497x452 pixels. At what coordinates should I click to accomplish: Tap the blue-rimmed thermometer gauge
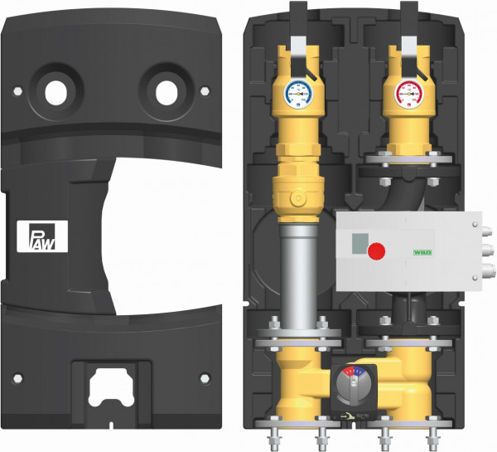(x=297, y=95)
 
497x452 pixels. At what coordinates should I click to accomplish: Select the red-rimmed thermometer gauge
(x=408, y=96)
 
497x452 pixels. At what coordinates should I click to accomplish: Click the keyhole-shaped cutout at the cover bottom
(x=113, y=389)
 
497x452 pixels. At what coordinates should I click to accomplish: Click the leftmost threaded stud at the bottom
(x=273, y=435)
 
